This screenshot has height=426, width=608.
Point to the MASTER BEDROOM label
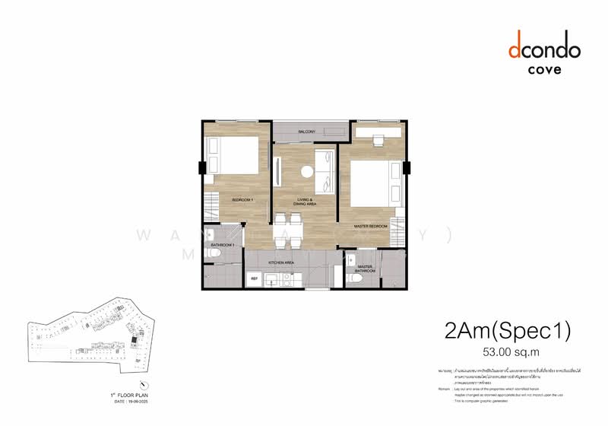point(371,227)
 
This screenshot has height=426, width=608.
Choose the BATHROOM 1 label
point(222,245)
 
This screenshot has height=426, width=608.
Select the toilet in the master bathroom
point(356,278)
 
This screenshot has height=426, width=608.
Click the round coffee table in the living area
point(306,172)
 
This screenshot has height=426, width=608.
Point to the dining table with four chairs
point(287,228)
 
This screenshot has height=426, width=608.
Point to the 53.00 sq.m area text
point(506,351)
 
